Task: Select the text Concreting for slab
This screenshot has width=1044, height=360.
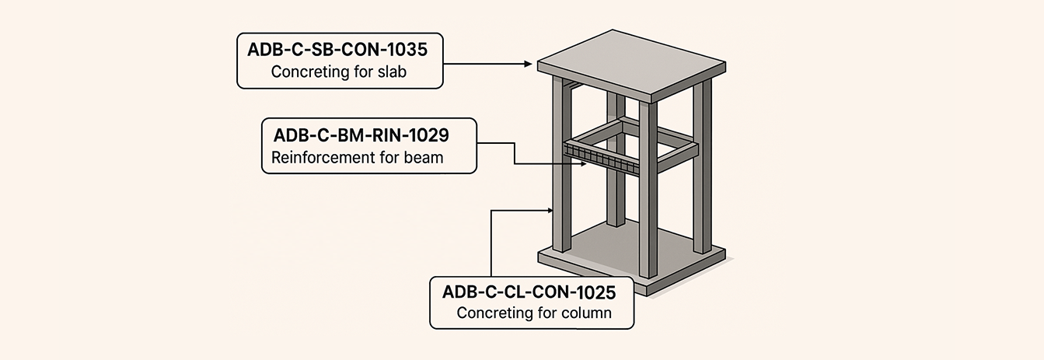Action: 340,73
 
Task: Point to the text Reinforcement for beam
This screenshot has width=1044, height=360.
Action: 357,159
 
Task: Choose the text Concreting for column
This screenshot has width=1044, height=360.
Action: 534,314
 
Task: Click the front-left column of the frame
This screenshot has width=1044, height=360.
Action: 562,194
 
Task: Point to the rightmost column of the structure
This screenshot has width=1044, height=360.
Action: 701,171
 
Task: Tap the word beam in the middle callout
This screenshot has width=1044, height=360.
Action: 424,159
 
